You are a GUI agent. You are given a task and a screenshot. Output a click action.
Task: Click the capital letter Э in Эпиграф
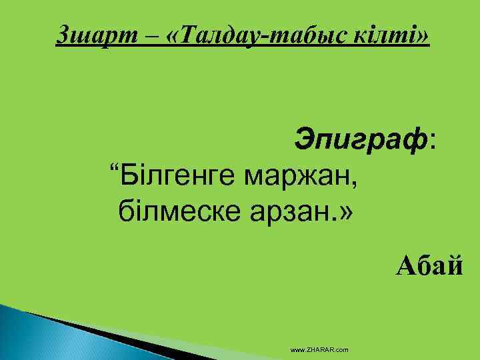[x=303, y=139]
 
